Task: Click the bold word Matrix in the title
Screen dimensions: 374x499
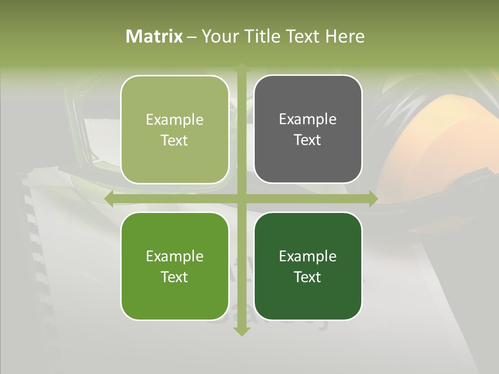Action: (154, 36)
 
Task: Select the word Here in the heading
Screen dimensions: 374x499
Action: (345, 36)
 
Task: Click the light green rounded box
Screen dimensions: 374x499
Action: (175, 129)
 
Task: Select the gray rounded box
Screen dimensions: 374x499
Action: (308, 129)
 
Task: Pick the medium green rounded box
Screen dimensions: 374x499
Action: (175, 266)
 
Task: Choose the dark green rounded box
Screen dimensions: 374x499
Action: (308, 266)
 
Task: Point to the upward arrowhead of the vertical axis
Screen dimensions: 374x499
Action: (241, 68)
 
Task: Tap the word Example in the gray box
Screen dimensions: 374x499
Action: (308, 119)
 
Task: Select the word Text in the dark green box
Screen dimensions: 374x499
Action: (308, 277)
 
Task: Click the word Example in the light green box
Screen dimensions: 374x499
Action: (175, 119)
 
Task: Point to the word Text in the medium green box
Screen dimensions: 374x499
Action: (175, 277)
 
